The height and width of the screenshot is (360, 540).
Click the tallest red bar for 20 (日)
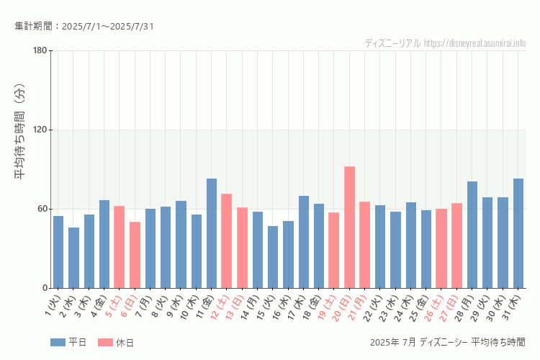349,228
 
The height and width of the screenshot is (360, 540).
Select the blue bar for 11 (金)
212,233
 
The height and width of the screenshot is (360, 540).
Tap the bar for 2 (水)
73,258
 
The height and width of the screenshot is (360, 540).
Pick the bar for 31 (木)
518,233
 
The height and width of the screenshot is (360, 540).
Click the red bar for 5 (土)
120,247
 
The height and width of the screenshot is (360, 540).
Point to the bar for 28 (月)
472,235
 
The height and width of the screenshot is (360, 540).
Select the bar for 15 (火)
273,257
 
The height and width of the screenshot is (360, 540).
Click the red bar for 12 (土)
227,241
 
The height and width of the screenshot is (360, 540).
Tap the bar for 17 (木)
304,242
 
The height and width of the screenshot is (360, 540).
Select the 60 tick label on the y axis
42,209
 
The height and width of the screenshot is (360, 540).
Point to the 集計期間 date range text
84,27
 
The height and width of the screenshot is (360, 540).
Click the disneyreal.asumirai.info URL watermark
475,43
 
